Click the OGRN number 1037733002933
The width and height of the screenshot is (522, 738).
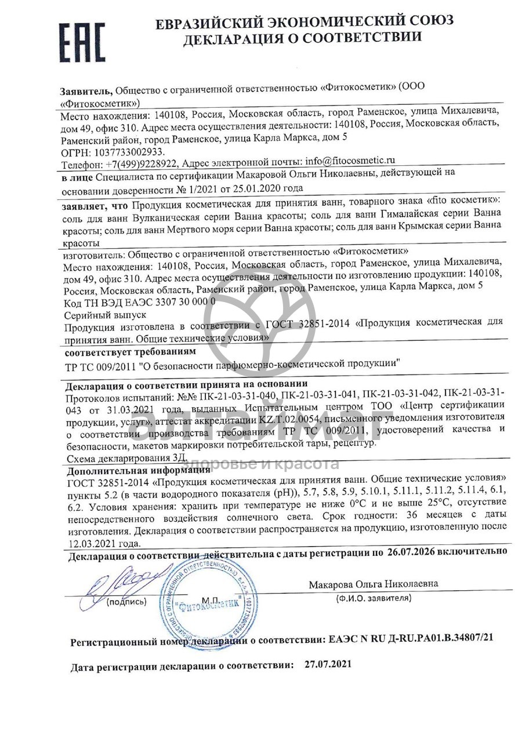pyautogui.click(x=126, y=151)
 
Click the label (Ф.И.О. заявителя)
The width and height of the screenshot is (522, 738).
pyautogui.click(x=374, y=597)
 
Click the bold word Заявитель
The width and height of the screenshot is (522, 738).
pyautogui.click(x=86, y=91)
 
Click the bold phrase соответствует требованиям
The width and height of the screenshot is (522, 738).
pyautogui.click(x=130, y=352)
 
